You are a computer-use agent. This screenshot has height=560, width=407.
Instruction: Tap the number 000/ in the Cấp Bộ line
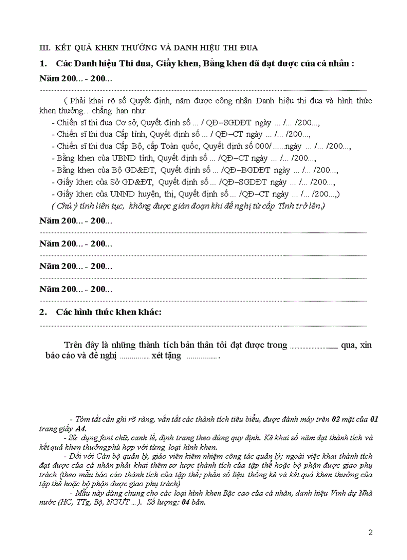click(x=262, y=146)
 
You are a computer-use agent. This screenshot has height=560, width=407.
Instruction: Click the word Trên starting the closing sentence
click(x=74, y=345)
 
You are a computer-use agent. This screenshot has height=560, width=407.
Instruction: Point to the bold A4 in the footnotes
click(x=80, y=429)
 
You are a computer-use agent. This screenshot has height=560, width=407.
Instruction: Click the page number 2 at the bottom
click(x=370, y=533)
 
